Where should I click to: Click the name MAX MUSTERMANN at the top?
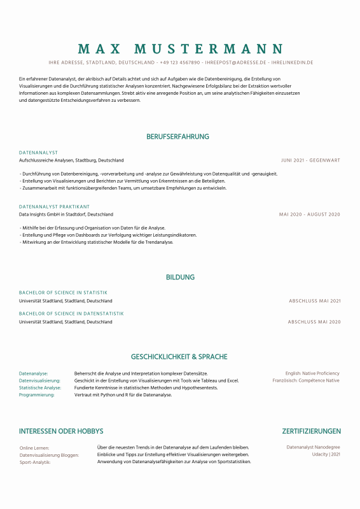point(180,49)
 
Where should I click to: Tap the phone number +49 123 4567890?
point(180,63)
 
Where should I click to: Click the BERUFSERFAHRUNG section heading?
point(177,137)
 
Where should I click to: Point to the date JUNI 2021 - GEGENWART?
point(310,160)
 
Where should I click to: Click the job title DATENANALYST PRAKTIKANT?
point(54,207)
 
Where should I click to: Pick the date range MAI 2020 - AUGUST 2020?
point(310,214)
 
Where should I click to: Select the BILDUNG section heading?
point(180,277)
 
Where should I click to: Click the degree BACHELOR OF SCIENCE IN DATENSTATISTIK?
point(71,314)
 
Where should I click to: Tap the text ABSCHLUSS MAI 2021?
point(315,301)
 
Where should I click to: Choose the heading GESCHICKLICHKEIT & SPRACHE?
point(179,357)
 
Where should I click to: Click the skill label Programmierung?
point(37,395)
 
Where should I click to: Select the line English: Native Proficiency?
point(312,373)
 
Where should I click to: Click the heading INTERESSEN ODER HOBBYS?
point(61,431)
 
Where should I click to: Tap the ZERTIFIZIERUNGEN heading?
point(311,431)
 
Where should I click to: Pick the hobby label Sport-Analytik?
point(35,462)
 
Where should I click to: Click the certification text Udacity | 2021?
point(326,454)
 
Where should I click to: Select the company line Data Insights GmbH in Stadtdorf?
point(66,214)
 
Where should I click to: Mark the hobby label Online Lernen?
point(34,448)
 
